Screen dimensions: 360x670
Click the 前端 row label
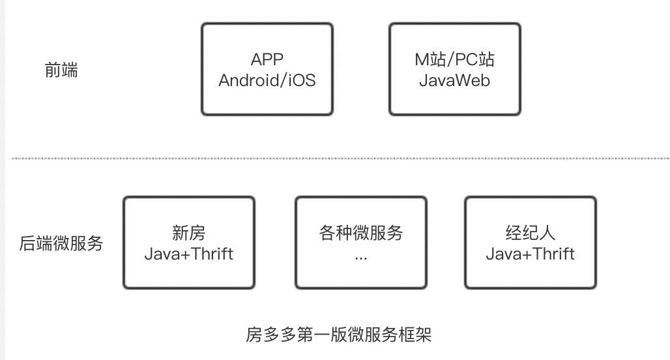click(x=61, y=70)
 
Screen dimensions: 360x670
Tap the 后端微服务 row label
click(x=61, y=244)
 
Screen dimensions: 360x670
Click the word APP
click(x=267, y=59)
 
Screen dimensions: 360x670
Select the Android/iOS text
click(x=267, y=81)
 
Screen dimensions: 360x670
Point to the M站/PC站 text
click(x=454, y=59)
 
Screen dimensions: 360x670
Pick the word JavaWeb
click(x=454, y=81)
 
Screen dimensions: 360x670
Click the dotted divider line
click(x=339, y=158)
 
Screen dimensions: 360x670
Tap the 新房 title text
click(x=188, y=233)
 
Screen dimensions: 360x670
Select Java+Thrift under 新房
click(x=188, y=254)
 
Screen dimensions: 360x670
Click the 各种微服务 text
click(x=360, y=233)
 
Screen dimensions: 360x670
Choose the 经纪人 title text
click(x=530, y=233)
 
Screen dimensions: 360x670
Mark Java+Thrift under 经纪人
click(x=530, y=254)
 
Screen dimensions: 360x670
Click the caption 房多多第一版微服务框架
click(x=338, y=335)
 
